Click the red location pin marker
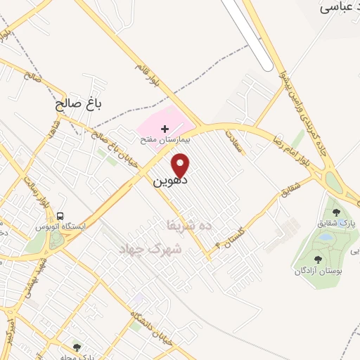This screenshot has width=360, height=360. pyautogui.click(x=181, y=165)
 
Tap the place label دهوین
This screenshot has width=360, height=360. pyautogui.click(x=169, y=180)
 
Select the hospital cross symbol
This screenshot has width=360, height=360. pyautogui.click(x=165, y=129)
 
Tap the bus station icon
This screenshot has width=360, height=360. pyautogui.click(x=60, y=216)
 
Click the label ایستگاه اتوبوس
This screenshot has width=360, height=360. pyautogui.click(x=60, y=228)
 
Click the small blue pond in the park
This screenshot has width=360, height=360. pyautogui.click(x=324, y=238)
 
